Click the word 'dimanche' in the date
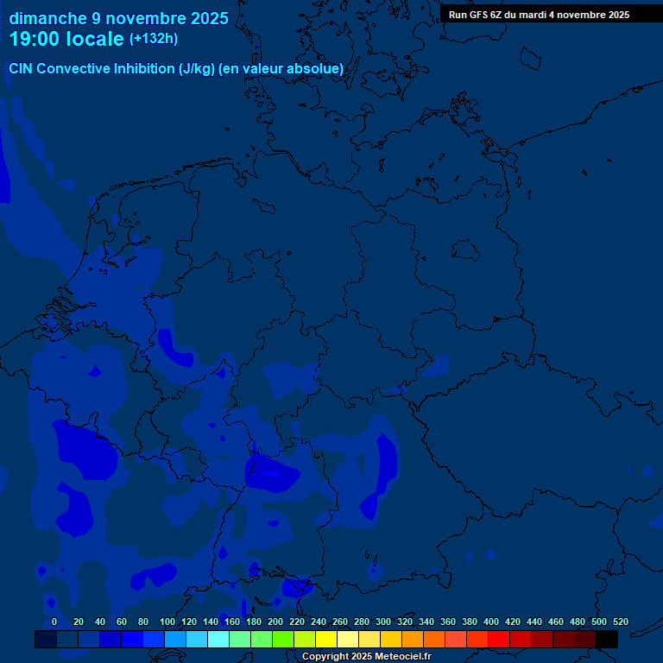coord(47,18)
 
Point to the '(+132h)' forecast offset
coord(154,39)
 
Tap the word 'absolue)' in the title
coord(316,68)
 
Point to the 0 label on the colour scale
coord(54,622)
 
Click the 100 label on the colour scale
coord(167,622)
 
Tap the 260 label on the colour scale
coord(340,622)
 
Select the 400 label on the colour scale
coord(491,622)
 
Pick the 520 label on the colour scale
coord(621,622)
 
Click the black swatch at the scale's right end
coord(607,639)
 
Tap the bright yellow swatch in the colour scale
coord(326,639)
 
